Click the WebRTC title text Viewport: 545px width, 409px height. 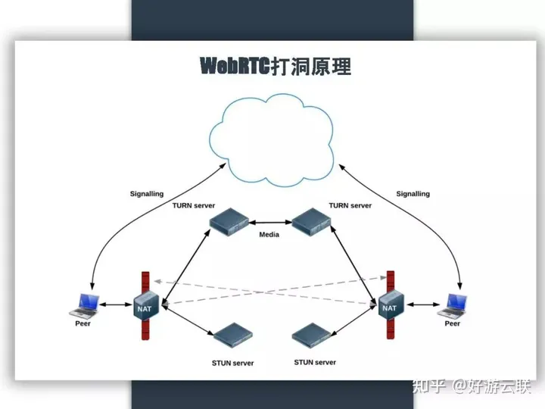click(275, 66)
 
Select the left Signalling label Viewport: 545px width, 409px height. click(146, 194)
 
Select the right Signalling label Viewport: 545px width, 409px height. click(413, 194)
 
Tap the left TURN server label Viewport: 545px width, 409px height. click(194, 205)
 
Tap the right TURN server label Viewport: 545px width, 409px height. click(350, 205)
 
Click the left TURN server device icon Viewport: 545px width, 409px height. click(230, 223)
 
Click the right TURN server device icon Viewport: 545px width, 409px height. click(312, 222)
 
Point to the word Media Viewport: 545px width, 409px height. click(269, 235)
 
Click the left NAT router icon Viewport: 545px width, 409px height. click(145, 307)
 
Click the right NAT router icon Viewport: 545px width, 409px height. click(390, 306)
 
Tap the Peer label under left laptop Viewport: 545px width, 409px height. click(83, 323)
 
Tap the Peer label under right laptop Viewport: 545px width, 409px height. click(452, 323)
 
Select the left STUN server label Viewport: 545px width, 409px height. click(232, 364)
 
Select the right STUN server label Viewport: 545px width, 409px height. click(315, 363)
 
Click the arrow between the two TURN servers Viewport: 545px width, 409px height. click(270, 223)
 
